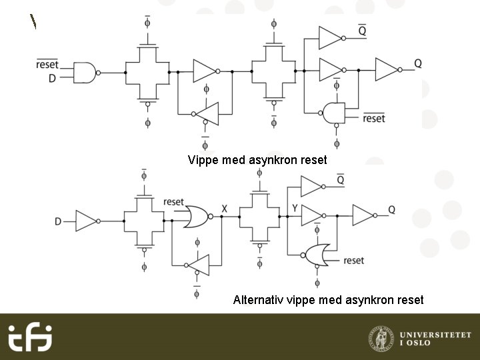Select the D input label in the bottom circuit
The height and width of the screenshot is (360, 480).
coord(58,221)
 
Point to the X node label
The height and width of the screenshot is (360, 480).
coord(225,209)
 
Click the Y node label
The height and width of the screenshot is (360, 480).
coord(295,209)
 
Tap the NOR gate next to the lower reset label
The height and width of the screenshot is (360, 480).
coord(316,254)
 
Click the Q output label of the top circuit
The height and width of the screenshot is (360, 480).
coord(418,63)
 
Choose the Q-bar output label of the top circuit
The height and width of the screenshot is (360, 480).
coord(362,31)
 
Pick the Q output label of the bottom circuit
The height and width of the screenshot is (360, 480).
coord(392,209)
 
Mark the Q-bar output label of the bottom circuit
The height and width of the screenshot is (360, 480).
coord(340,180)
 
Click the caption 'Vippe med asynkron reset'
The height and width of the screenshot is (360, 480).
coord(258,160)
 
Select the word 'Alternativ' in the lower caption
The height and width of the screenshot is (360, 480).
coord(258,300)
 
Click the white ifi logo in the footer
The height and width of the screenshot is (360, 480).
coord(30,337)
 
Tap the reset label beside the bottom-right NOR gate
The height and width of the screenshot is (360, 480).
coord(354,260)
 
